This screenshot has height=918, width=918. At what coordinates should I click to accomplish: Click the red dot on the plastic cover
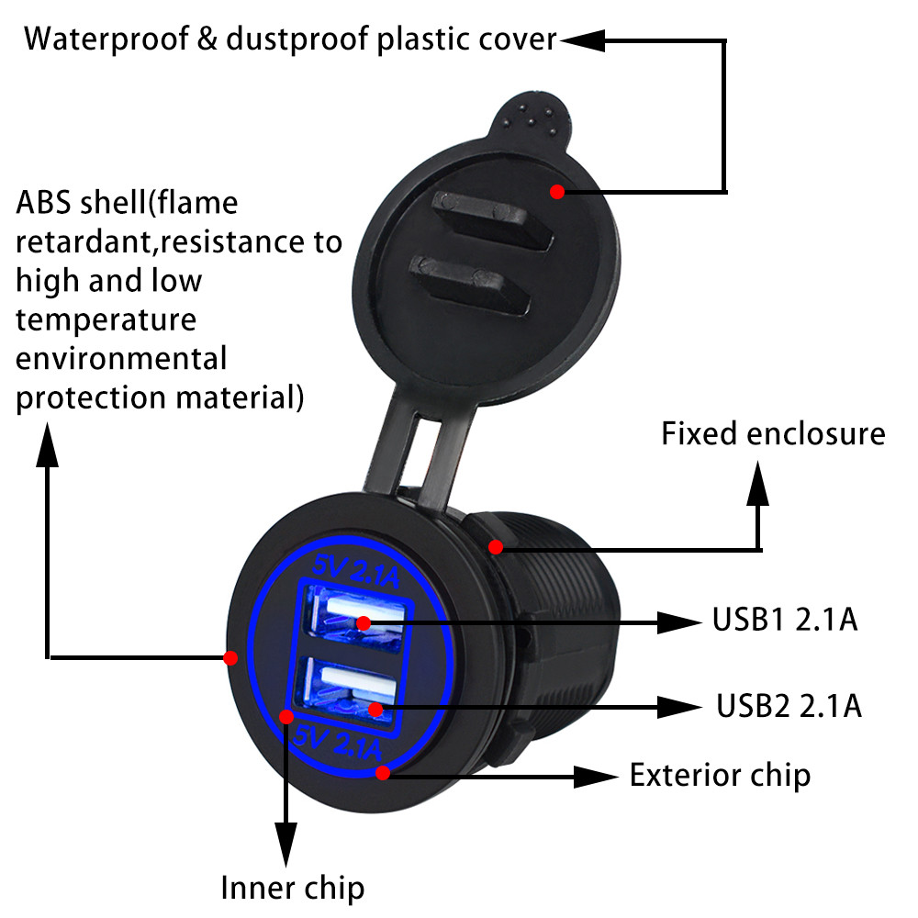pos(556,191)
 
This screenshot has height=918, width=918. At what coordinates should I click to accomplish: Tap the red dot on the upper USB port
pos(364,623)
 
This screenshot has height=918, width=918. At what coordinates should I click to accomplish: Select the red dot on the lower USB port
pos(375,709)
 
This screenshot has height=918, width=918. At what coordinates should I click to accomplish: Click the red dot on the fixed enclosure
pos(496,547)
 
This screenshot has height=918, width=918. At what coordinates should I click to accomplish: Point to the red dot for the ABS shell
pos(230,657)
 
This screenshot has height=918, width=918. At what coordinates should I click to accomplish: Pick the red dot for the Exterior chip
pos(384,773)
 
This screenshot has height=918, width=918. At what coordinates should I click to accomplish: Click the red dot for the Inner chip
pos(286,716)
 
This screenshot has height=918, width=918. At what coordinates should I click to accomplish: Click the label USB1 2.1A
pos(784,621)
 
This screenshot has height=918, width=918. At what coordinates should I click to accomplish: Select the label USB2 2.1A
pos(789,705)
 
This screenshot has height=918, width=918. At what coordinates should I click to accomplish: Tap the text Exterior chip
pos(720,775)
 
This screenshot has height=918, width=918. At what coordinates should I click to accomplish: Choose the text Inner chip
pos(292,888)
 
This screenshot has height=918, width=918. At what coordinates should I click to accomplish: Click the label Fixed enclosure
pos(773,433)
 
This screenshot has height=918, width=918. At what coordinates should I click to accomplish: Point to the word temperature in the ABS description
pos(106,320)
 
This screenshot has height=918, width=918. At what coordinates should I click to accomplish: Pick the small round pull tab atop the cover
pos(535,115)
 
